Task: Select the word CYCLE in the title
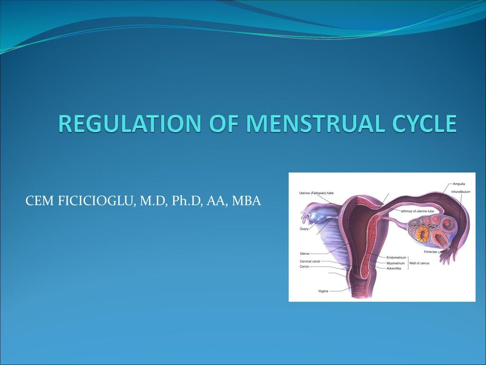tap(424, 124)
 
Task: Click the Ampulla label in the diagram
tap(459, 184)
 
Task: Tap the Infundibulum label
tap(460, 192)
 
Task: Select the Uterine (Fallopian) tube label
tap(316, 193)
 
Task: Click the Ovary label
tap(304, 229)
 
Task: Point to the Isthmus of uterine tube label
tap(417, 211)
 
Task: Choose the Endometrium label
tap(396, 258)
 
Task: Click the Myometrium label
tap(395, 263)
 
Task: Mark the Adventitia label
tap(393, 269)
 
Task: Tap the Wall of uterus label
tap(420, 263)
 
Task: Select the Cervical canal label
tap(309, 261)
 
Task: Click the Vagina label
tap(323, 291)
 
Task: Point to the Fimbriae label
tap(430, 252)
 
